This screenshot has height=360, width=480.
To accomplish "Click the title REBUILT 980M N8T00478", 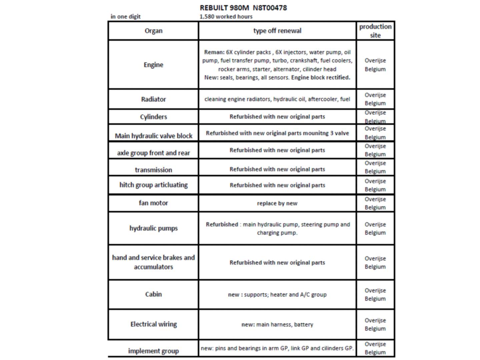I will click(x=243, y=8).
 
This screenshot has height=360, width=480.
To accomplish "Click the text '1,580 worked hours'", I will click(x=226, y=17).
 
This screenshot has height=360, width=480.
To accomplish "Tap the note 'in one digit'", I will click(x=126, y=17).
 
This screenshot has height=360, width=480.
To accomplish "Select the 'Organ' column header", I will click(x=153, y=31).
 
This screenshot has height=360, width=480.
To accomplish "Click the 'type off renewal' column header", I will click(x=277, y=31).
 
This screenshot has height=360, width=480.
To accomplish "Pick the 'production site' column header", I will click(x=375, y=31).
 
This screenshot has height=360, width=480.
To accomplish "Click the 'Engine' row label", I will click(x=153, y=65).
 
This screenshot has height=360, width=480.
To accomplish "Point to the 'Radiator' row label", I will click(x=153, y=99).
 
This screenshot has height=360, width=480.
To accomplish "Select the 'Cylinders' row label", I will click(x=153, y=117).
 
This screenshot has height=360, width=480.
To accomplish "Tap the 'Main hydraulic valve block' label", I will click(x=153, y=136).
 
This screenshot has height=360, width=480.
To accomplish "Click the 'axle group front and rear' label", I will click(x=153, y=153).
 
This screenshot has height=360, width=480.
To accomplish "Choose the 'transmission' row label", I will click(x=153, y=170).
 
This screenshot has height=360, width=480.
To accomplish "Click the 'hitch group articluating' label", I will click(x=153, y=185).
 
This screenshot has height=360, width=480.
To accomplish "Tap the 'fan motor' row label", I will click(x=153, y=203).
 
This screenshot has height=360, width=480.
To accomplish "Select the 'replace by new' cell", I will click(x=277, y=203).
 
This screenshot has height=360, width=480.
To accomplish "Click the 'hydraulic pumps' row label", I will click(x=153, y=228).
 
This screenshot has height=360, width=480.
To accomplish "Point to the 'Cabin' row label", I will click(x=153, y=294).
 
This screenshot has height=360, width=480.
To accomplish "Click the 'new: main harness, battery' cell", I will click(x=277, y=324).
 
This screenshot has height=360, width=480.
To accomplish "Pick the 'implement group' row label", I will click(x=153, y=351).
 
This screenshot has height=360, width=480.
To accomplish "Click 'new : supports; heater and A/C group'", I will click(x=277, y=295).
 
